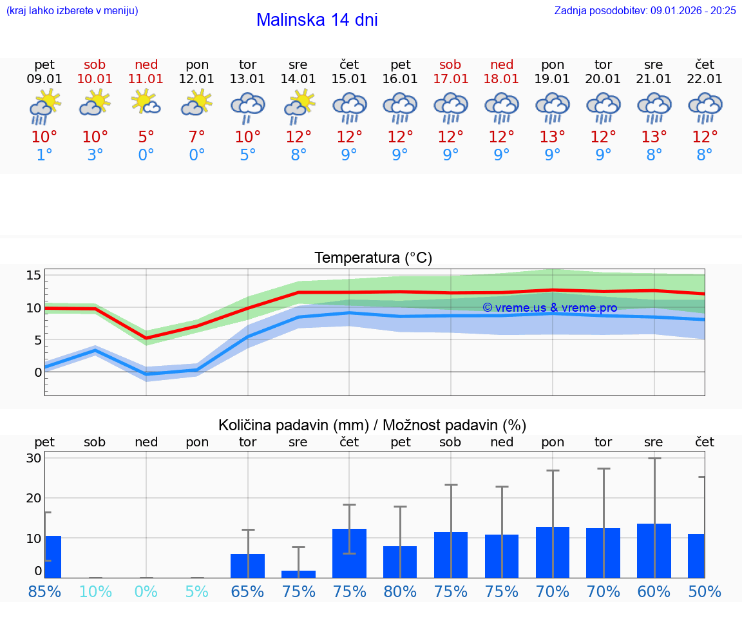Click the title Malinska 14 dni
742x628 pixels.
(x=317, y=20)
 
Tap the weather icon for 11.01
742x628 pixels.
(x=146, y=103)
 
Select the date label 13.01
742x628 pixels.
(x=247, y=79)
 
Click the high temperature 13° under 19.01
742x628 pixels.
(x=552, y=137)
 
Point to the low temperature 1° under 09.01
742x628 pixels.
(x=44, y=155)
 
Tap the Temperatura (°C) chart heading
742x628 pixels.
(x=373, y=258)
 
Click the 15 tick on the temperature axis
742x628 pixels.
(x=33, y=275)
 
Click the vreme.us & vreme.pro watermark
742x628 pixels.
(x=549, y=308)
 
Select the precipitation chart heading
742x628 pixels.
(x=372, y=425)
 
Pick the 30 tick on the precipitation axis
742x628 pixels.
(x=33, y=458)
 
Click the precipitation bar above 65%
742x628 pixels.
(x=247, y=566)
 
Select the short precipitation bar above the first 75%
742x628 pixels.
(x=298, y=574)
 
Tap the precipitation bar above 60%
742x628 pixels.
(x=654, y=551)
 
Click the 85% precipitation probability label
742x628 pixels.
(x=44, y=591)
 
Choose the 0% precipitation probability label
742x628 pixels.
(x=146, y=591)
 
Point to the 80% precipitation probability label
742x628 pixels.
(x=400, y=591)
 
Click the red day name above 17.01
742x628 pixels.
(x=450, y=64)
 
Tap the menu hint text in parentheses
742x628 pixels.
(x=71, y=10)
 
